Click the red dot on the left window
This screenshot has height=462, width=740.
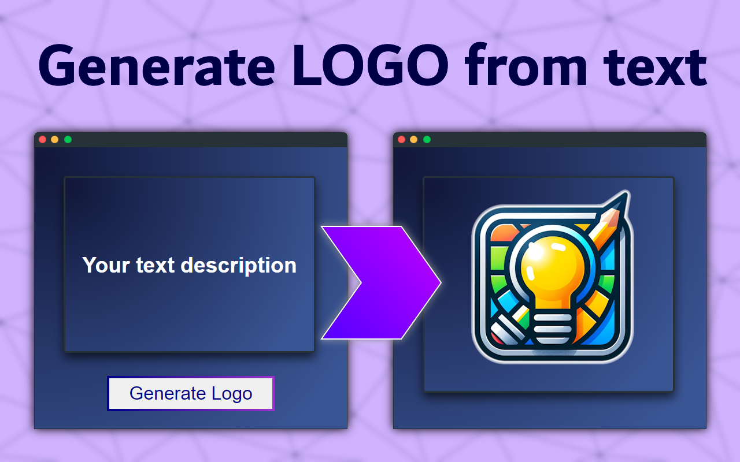point(42,139)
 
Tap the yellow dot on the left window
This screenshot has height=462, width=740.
point(55,139)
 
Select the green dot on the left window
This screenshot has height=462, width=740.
point(68,139)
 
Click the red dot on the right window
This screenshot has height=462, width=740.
point(402,139)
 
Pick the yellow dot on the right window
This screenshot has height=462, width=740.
point(414,139)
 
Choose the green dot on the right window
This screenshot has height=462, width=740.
point(427,139)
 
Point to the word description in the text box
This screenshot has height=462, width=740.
point(238,266)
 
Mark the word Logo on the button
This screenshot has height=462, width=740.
point(232,393)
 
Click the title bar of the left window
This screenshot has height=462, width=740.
point(202,139)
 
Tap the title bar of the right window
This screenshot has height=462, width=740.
point(561,139)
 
